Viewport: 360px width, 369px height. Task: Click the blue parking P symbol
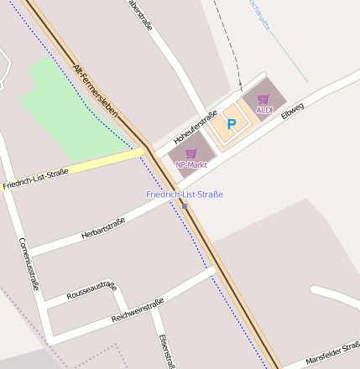click(x=232, y=124)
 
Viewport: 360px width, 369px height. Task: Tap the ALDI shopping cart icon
click(x=263, y=99)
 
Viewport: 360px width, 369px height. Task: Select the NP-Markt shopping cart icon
click(x=190, y=153)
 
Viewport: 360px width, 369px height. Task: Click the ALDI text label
click(x=264, y=110)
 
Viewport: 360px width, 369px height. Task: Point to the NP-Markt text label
click(x=190, y=164)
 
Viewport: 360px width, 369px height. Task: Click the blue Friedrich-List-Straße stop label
click(x=185, y=195)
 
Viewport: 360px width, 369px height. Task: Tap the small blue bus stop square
click(x=185, y=205)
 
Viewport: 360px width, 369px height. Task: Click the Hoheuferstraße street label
click(x=195, y=126)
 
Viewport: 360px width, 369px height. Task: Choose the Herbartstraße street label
click(x=103, y=227)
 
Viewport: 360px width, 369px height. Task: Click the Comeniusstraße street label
click(x=29, y=263)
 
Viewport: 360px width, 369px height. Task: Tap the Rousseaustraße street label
click(x=91, y=289)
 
